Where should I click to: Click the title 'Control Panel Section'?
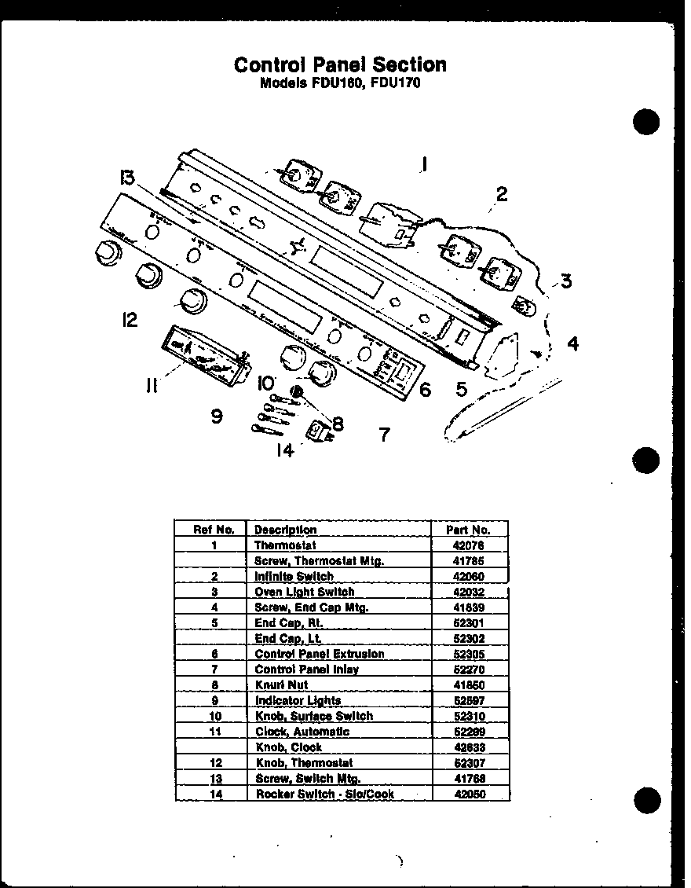pos(340,64)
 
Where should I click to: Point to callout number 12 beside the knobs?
pos(129,320)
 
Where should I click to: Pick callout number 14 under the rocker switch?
pos(284,450)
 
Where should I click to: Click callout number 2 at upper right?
pos(501,193)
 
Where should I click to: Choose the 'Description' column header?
pos(286,530)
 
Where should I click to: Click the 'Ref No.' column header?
pos(214,530)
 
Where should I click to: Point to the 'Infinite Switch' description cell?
pos(294,576)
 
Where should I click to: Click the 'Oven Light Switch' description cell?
pos(304,592)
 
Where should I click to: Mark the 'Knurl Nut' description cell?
pos(282,685)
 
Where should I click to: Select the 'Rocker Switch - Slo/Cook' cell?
pos(324,794)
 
